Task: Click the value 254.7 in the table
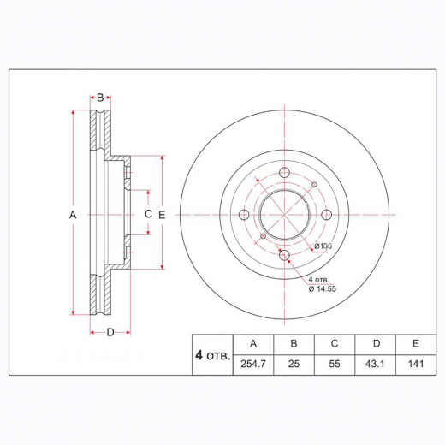[x=252, y=363]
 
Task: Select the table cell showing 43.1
[x=374, y=363]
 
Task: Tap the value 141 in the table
[x=415, y=363]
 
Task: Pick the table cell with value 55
[x=334, y=363]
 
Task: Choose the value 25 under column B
[x=294, y=363]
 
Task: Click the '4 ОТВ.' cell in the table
[x=211, y=353]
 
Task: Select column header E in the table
[x=415, y=343]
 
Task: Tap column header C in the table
[x=334, y=343]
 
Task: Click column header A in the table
[x=252, y=343]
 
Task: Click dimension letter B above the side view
[x=99, y=98]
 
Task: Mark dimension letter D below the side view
[x=110, y=332]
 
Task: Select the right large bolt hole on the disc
[x=326, y=215]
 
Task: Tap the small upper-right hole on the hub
[x=314, y=186]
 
